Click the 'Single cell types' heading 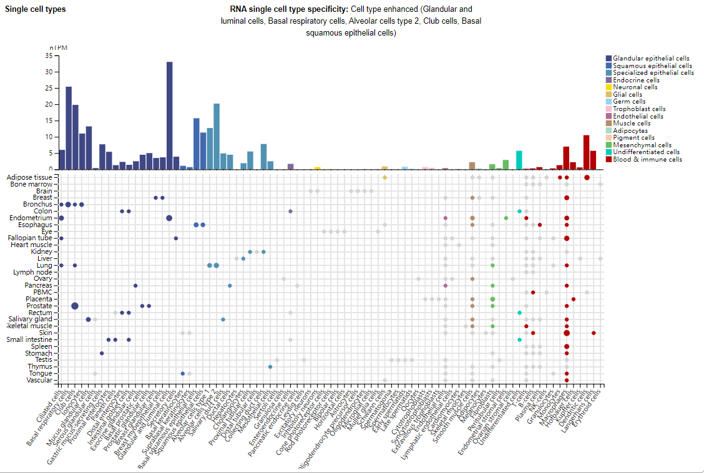35,9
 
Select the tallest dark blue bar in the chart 169,115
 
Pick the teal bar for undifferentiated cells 519,160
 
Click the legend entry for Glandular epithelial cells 651,58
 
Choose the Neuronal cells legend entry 636,87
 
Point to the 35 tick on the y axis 49,56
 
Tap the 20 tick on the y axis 49,104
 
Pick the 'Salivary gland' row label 31,319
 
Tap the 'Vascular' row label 39,380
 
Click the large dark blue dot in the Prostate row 75,306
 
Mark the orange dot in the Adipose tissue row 384,178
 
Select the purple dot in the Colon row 290,212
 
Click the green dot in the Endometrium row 506,218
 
